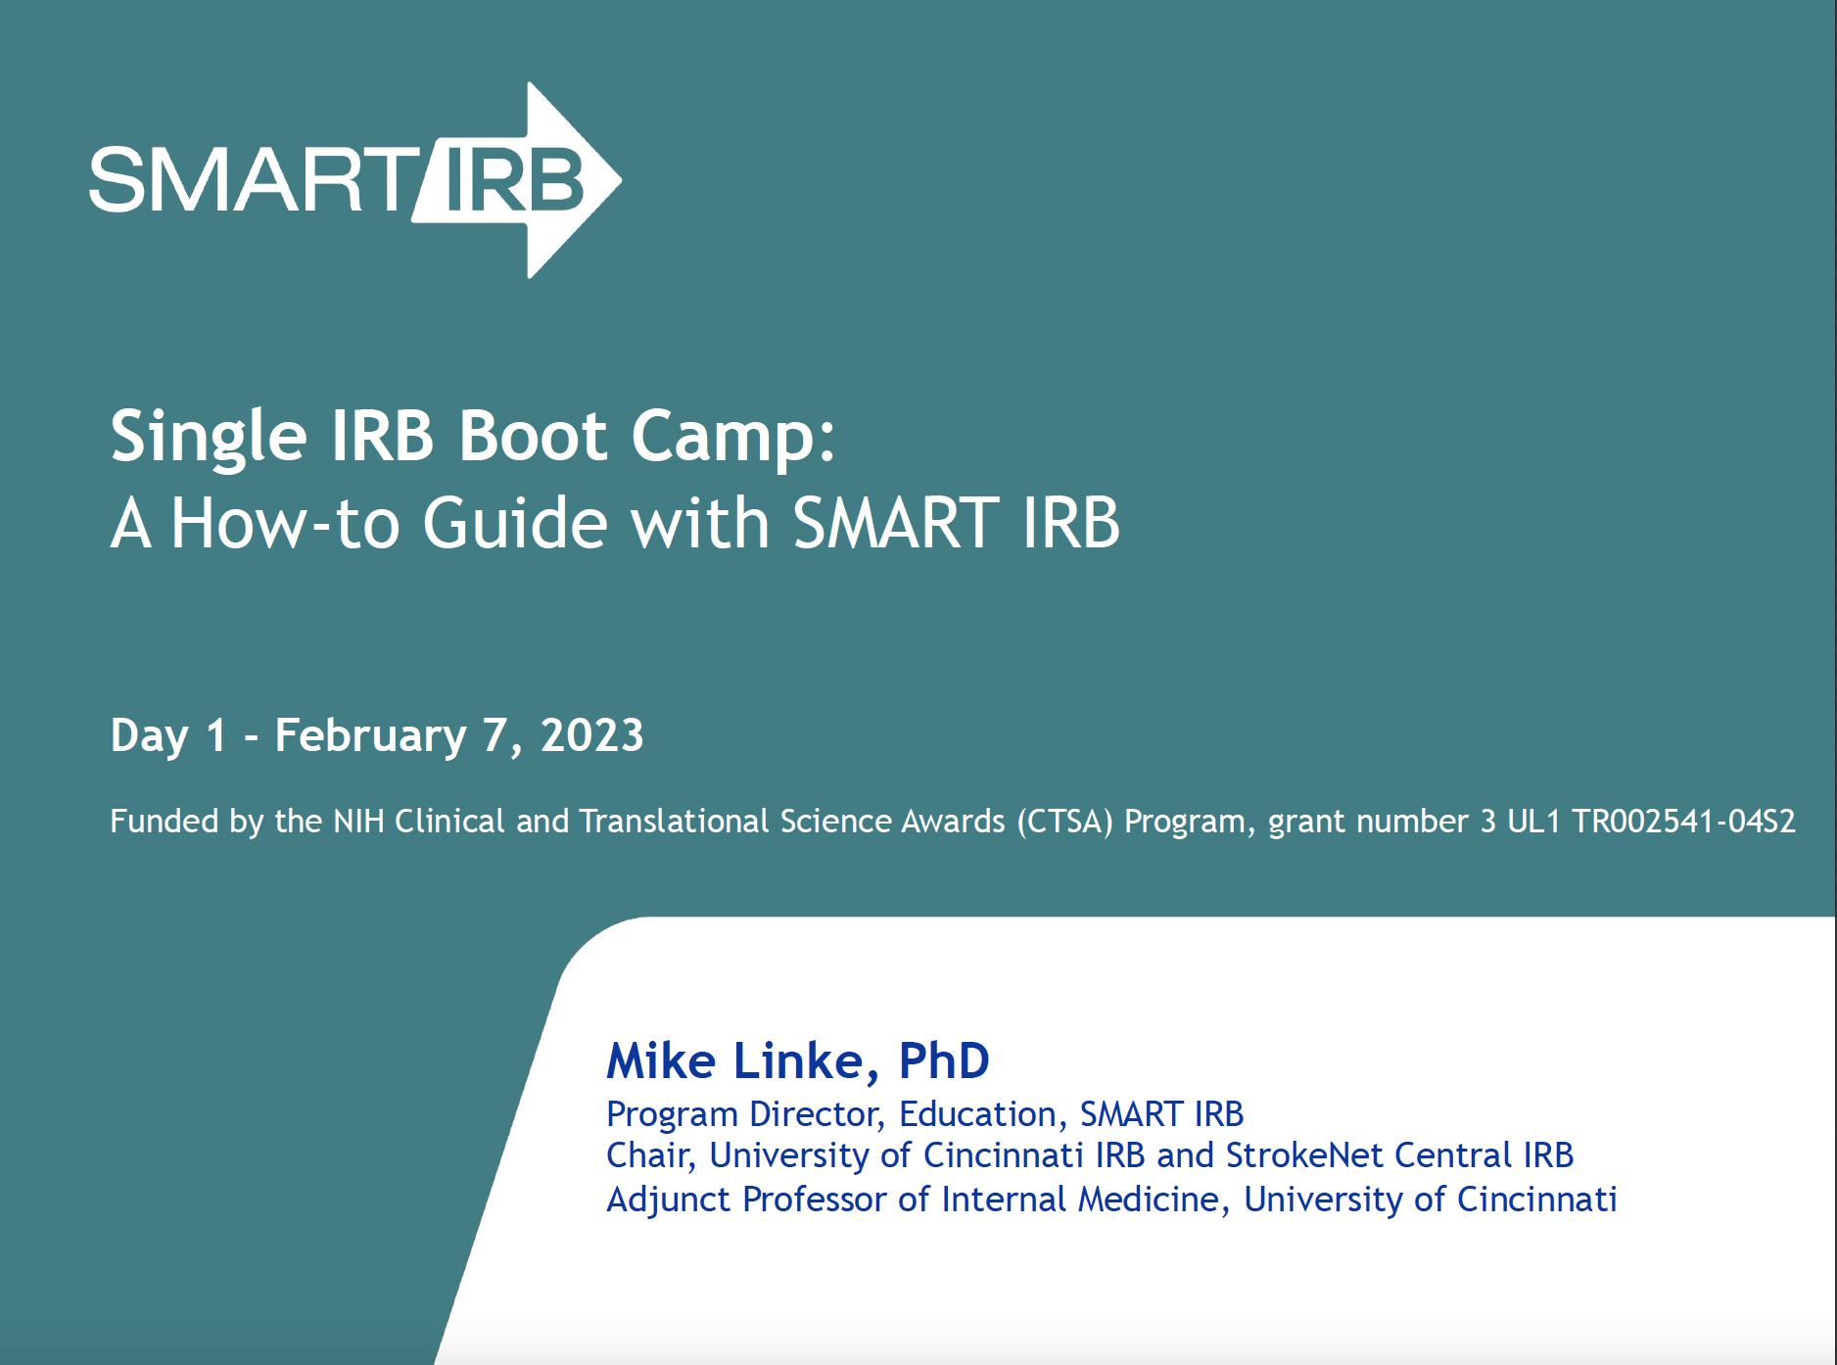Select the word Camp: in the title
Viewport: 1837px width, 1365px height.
[x=733, y=437]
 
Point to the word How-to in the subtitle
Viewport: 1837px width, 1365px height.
[x=285, y=522]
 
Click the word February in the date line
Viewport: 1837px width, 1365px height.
[x=370, y=736]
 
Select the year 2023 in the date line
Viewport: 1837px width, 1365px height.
[x=592, y=735]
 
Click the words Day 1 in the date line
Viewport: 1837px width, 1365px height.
[x=168, y=736]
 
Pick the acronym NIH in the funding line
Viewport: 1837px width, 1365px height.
[x=358, y=821]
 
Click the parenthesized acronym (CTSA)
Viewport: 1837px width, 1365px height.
[x=1064, y=822]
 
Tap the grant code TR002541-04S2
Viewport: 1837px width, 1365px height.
[x=1683, y=821]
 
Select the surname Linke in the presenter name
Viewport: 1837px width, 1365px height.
[x=799, y=1061]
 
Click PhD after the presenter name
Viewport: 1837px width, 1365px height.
[x=944, y=1060]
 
